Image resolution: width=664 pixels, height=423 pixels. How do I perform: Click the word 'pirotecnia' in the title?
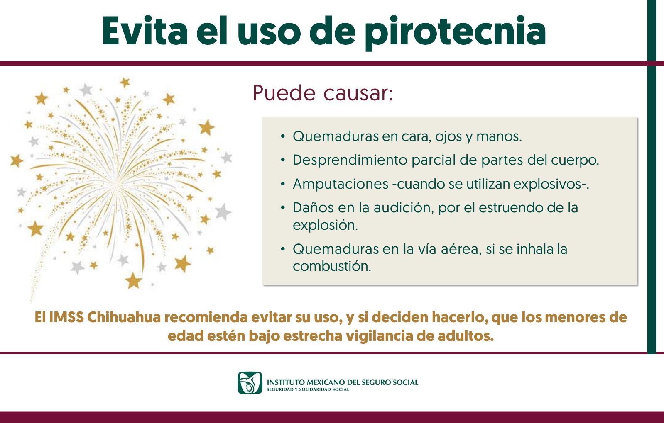click(x=455, y=33)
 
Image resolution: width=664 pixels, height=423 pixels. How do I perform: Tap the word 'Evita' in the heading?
click(x=145, y=31)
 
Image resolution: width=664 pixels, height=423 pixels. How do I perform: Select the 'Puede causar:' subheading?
click(x=323, y=94)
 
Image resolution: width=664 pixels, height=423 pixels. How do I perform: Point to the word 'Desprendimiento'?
click(x=350, y=160)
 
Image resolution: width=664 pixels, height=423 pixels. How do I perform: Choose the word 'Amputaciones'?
click(x=341, y=184)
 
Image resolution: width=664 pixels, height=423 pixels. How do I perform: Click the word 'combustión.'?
click(x=332, y=266)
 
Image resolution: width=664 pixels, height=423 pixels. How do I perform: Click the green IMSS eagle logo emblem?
click(x=250, y=383)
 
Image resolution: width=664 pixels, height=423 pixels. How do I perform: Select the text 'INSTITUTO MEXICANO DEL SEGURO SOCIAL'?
click(x=342, y=382)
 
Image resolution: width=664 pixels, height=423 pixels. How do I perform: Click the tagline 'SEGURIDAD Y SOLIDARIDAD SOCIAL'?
click(x=308, y=389)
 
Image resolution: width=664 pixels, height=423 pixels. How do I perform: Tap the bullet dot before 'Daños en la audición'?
click(x=283, y=208)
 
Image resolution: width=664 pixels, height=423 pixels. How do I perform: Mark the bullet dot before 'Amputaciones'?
click(x=283, y=184)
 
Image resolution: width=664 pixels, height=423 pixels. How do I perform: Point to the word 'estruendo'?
click(x=510, y=208)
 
